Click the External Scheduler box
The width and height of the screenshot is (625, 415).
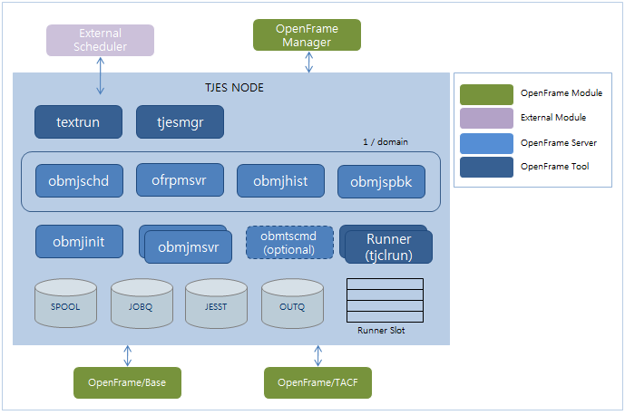coord(100,41)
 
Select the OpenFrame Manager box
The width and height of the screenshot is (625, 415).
coord(307,35)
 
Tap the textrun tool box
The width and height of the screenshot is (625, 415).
coord(78,122)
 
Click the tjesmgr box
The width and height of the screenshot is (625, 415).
coord(180,122)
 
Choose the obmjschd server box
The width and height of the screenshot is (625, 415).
coord(79,180)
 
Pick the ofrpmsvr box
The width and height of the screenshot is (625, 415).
coord(180,179)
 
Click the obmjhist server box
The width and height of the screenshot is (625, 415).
coord(280,180)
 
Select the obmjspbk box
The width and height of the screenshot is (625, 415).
coord(380,181)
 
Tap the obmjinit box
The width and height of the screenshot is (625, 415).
coord(79,242)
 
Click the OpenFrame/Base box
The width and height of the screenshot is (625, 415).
coord(127,382)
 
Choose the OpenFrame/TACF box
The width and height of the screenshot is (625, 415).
coord(318,382)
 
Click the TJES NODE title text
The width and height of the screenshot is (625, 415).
coord(234,88)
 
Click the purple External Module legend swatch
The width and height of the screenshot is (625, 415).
coord(486,118)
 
